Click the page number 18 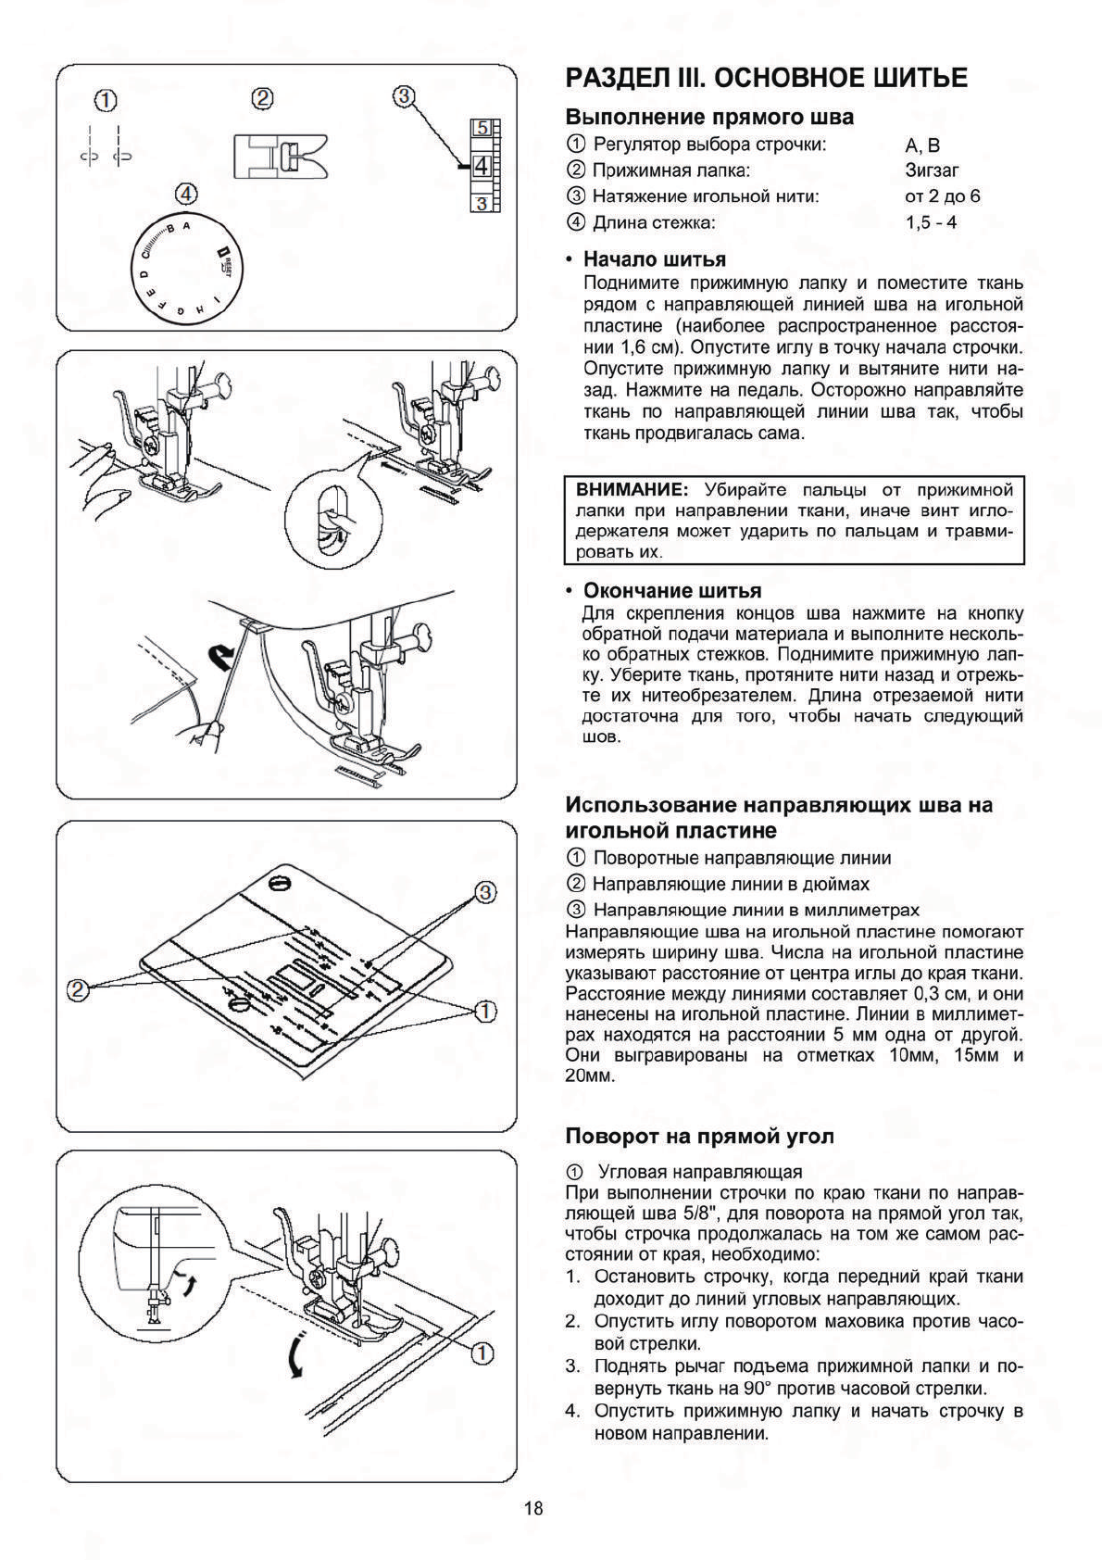pos(533,1508)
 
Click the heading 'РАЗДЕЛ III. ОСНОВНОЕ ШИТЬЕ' pos(767,78)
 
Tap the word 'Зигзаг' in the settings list pos(932,170)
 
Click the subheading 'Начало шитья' pos(654,259)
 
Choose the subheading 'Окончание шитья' pos(671,591)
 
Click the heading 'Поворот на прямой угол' pos(699,1137)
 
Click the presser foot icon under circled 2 pos(281,154)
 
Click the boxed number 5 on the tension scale pos(482,129)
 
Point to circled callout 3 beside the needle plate pos(484,892)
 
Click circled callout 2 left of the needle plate pos(78,990)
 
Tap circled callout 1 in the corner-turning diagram pos(482,1353)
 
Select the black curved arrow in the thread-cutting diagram pos(222,659)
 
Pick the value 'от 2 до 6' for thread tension pos(942,196)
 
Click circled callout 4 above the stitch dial pos(187,194)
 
